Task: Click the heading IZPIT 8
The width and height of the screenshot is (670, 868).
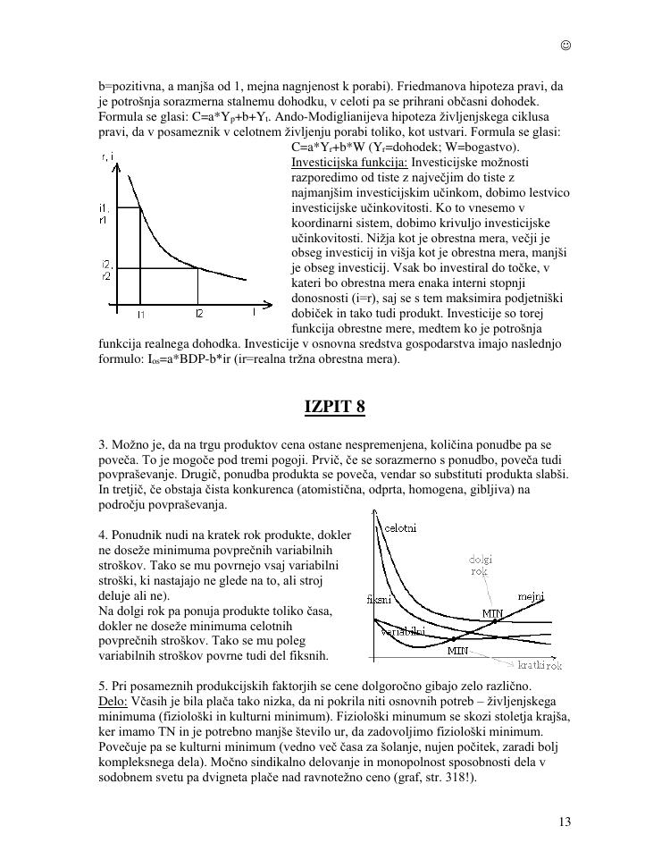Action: point(335,407)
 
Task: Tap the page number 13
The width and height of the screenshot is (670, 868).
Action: point(564,822)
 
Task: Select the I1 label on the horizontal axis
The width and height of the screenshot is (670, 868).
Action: point(141,314)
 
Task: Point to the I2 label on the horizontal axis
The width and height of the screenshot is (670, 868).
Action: point(199,314)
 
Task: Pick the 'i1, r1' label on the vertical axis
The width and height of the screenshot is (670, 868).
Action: point(105,214)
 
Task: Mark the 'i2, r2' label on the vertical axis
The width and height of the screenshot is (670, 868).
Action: point(105,270)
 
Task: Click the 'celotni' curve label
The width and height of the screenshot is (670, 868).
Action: point(399,528)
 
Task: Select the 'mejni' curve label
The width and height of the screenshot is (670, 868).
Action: point(532,596)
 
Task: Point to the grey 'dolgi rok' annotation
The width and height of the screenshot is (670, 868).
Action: point(480,566)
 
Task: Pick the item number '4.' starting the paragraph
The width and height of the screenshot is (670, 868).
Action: point(103,535)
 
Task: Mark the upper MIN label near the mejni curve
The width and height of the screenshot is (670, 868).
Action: point(493,613)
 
